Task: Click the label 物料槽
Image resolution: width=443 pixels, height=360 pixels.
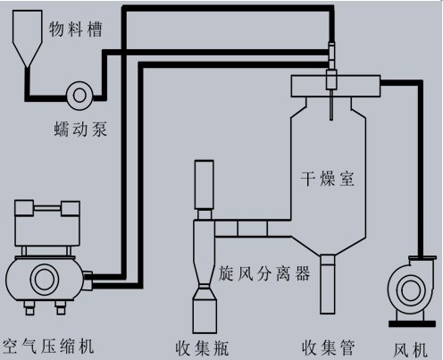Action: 76,29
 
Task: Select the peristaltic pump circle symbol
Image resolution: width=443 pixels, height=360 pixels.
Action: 79,96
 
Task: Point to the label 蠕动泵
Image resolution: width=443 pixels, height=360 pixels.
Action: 80,130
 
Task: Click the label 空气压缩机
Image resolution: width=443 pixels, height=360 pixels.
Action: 47,346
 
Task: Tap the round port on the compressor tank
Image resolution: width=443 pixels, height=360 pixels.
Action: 45,280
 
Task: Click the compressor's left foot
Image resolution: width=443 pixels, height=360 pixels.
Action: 29,308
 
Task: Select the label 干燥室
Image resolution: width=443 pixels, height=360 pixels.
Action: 328,179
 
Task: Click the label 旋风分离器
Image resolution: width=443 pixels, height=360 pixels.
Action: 264,273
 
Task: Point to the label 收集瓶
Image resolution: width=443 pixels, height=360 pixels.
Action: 202,347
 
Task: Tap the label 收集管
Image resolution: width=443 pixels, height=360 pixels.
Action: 328,347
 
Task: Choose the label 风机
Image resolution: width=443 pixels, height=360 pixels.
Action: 410,349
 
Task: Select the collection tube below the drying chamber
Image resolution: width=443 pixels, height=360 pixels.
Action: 328,284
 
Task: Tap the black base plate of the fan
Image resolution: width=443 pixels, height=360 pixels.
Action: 413,323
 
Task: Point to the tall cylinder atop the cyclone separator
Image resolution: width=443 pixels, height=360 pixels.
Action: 204,185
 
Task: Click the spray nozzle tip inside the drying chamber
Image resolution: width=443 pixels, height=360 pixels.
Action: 331,119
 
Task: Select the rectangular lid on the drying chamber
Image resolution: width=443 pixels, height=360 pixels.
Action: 336,86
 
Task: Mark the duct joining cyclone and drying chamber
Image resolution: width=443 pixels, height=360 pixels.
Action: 253,229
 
